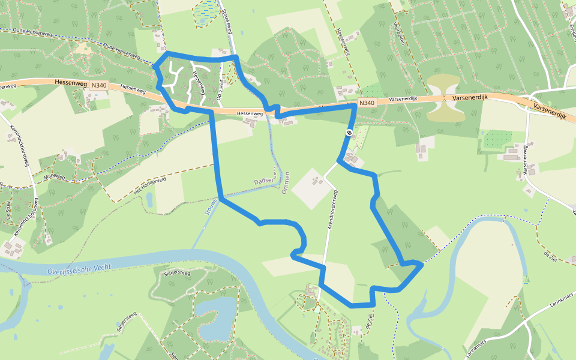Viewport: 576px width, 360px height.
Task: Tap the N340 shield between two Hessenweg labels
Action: (x=98, y=86)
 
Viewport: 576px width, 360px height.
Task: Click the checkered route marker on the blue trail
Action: (x=349, y=133)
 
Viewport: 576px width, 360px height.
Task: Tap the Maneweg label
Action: (x=53, y=177)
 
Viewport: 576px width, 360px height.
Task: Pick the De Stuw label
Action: (x=9, y=211)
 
